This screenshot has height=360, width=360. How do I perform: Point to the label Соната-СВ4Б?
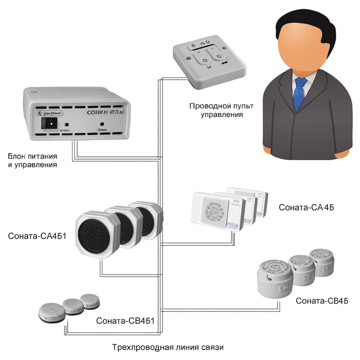pos(322,301)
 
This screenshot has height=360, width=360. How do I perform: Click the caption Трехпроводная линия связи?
pos(168,348)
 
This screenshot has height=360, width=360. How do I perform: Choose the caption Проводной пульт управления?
pos(221,111)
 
